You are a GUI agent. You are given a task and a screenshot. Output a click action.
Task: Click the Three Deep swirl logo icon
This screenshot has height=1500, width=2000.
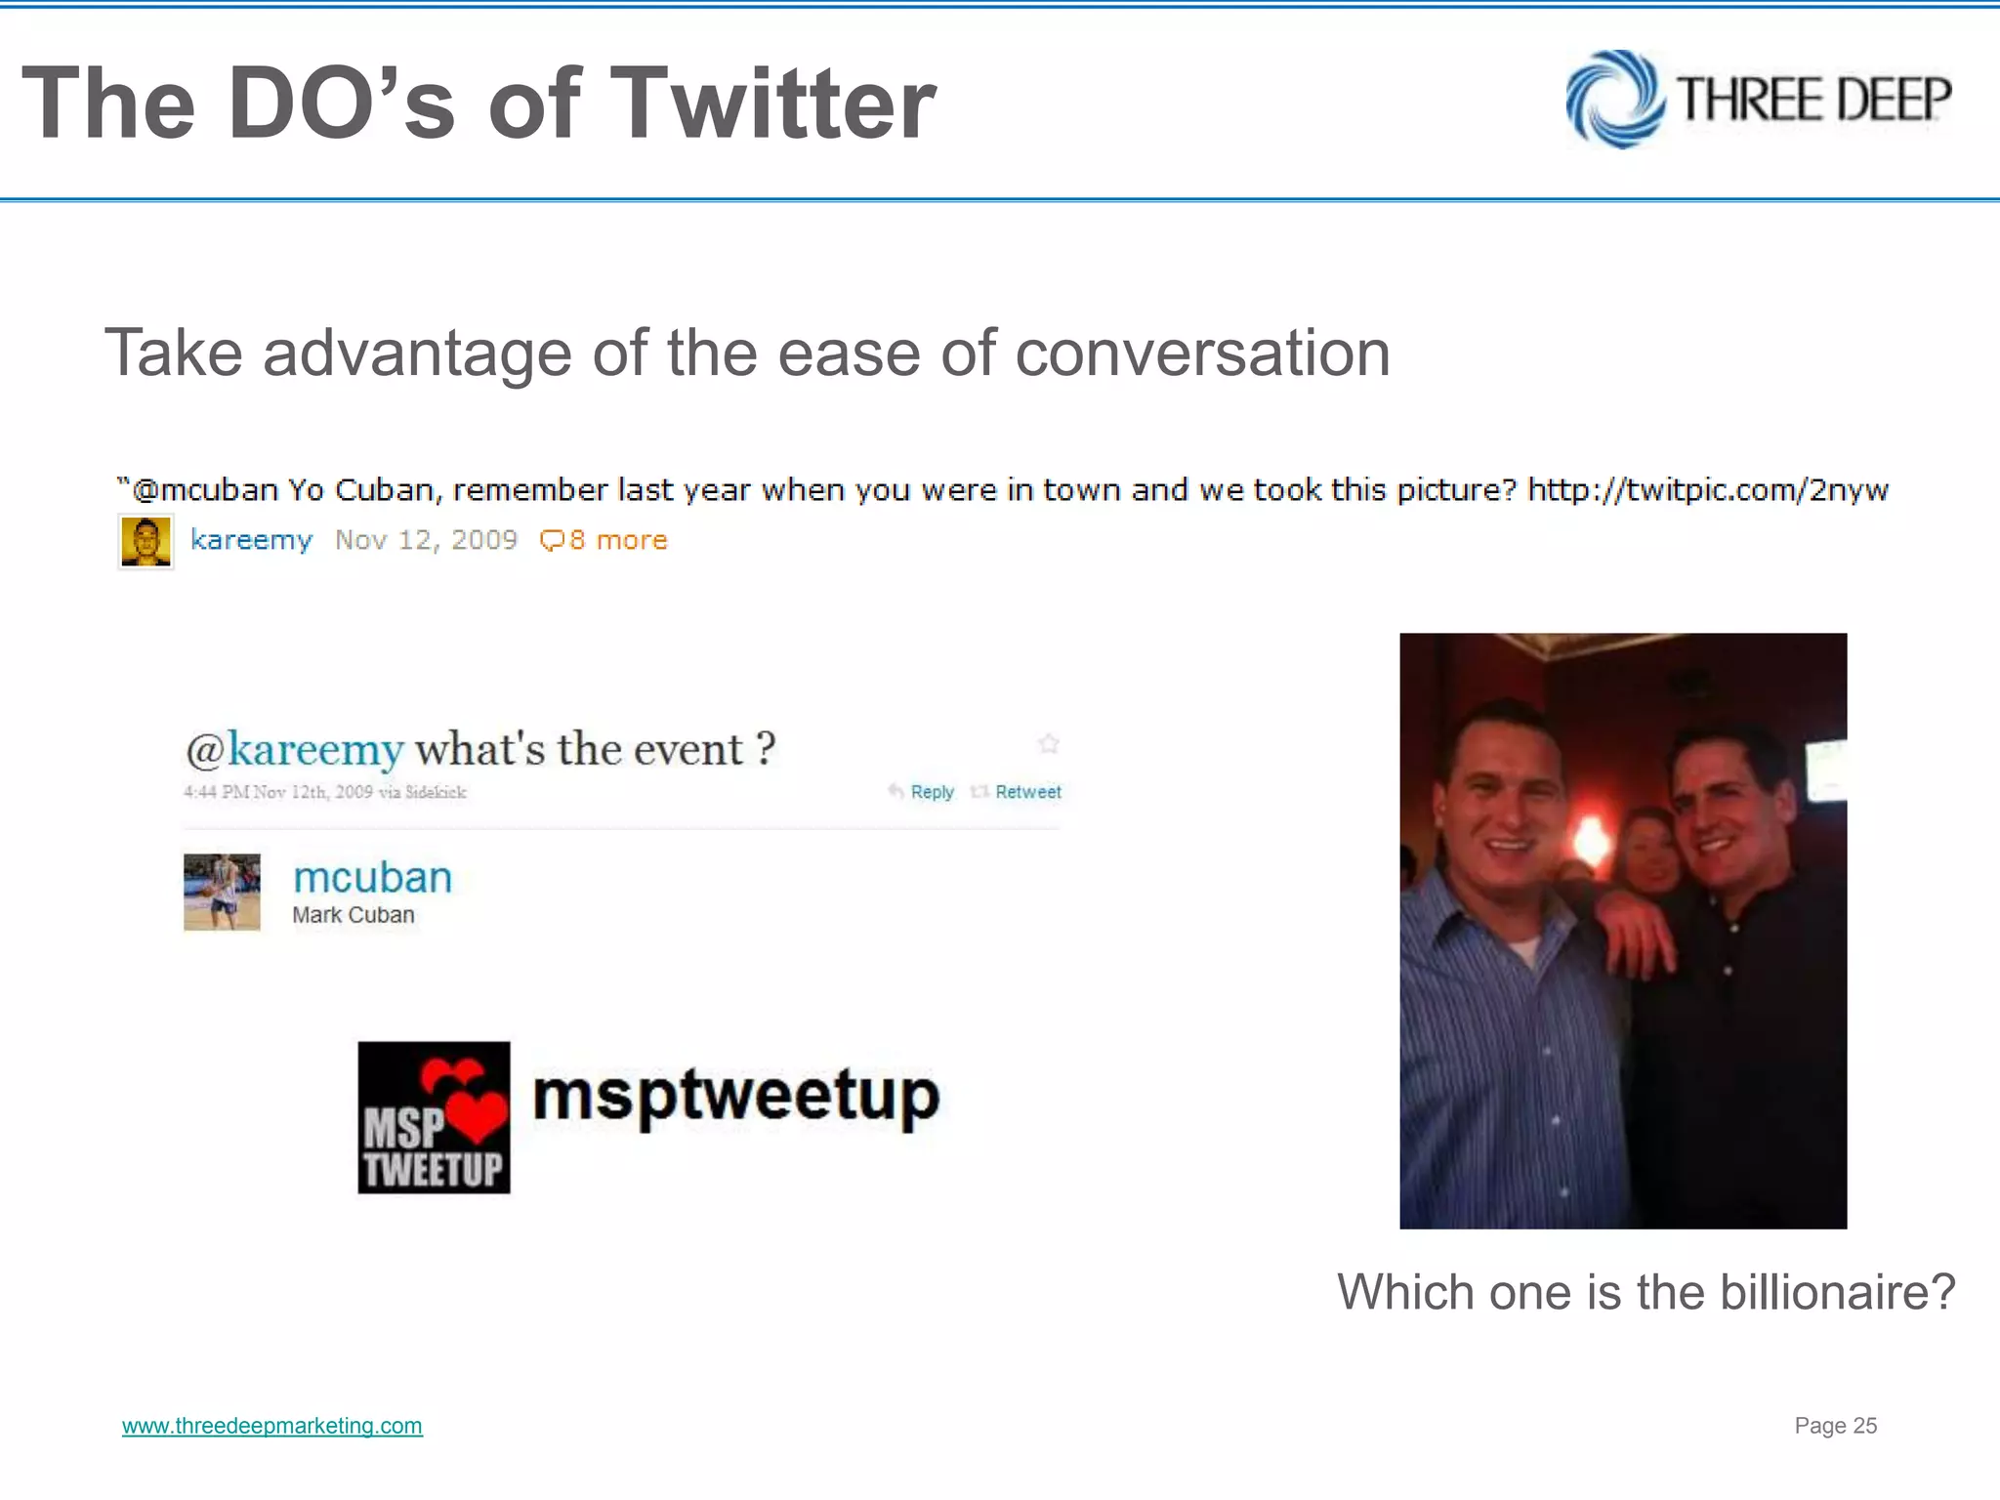(x=1615, y=100)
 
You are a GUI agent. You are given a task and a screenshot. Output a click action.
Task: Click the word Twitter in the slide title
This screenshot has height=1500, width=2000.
(x=777, y=104)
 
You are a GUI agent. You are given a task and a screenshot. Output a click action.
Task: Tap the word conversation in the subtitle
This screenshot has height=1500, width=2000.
(x=1202, y=353)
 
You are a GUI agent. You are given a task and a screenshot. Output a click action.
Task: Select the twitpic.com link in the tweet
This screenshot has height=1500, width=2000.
(x=1707, y=489)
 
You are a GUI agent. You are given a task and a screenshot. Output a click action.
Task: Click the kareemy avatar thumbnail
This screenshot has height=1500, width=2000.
(x=146, y=542)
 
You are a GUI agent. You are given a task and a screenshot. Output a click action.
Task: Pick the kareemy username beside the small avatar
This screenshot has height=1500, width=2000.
(x=251, y=540)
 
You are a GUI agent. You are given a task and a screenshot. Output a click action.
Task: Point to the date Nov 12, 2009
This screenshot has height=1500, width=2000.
(x=426, y=540)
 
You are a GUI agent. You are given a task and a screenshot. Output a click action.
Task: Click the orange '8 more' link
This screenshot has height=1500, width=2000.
(x=604, y=540)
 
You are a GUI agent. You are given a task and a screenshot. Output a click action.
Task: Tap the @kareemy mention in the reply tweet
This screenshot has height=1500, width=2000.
(x=294, y=750)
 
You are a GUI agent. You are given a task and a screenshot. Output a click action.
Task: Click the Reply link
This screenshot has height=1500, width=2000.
(x=931, y=792)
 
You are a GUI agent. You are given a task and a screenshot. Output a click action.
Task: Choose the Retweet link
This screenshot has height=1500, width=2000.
(x=1027, y=792)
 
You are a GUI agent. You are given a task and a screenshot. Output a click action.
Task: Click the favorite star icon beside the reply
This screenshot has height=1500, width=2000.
(x=1049, y=744)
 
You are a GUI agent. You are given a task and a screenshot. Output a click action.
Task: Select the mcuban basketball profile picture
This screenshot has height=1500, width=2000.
(x=223, y=892)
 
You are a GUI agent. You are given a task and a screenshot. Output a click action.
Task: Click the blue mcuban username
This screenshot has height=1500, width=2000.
(x=372, y=877)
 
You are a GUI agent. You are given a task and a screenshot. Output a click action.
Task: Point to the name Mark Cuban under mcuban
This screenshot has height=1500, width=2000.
(x=354, y=915)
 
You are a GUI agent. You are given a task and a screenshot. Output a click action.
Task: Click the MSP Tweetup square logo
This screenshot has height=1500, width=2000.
(x=434, y=1117)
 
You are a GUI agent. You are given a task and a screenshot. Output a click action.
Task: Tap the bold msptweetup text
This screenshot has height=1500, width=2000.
(x=736, y=1096)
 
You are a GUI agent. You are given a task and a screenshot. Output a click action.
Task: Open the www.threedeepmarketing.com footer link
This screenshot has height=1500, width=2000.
(x=272, y=1426)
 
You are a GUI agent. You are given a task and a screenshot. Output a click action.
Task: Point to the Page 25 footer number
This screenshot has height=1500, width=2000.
(x=1835, y=1426)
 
